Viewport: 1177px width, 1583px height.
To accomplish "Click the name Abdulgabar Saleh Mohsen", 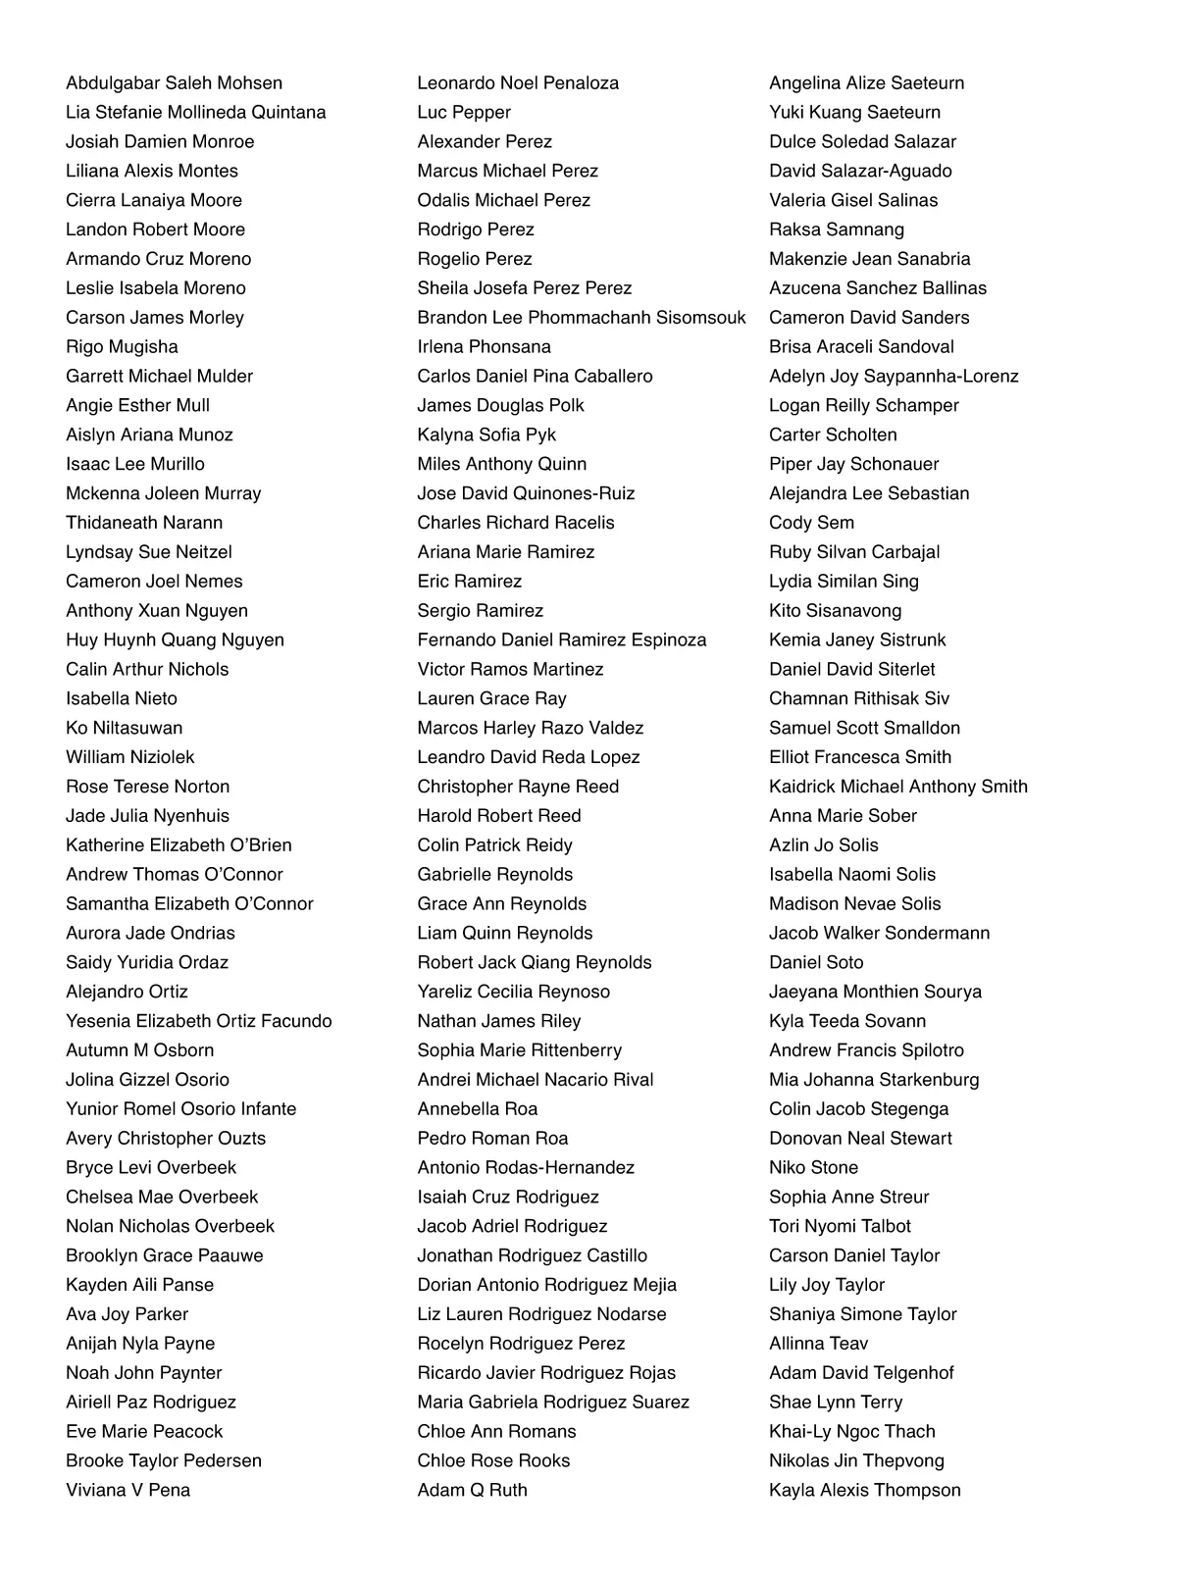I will point(174,83).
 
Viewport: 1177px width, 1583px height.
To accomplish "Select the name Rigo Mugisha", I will point(122,347).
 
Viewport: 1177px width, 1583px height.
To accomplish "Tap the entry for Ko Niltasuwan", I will point(124,728).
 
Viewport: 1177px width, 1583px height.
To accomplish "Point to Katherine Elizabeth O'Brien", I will point(179,845).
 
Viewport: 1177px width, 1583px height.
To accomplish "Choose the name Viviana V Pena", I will point(128,1490).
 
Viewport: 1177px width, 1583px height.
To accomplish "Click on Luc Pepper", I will point(464,113).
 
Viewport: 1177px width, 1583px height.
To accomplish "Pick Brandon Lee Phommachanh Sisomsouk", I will point(581,318).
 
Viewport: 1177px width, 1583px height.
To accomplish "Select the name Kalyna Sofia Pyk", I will point(486,434).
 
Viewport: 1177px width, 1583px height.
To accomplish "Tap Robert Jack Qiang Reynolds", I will point(535,962).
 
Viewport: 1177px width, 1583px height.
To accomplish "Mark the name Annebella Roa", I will point(478,1109).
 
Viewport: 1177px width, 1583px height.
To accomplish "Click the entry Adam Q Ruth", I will point(472,1490).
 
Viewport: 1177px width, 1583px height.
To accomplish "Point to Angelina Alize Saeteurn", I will point(866,83).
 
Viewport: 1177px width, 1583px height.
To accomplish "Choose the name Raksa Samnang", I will point(837,230).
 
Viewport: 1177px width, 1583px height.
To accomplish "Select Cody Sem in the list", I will point(811,523).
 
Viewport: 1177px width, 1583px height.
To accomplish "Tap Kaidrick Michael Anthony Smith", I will point(898,787).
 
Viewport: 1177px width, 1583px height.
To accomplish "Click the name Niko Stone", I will point(813,1167).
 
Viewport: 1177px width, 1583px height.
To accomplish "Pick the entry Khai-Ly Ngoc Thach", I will point(851,1431).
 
